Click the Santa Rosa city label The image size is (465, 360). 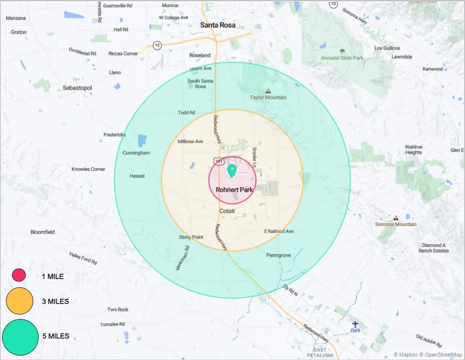tap(217, 25)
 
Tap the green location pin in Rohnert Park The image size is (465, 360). tap(232, 171)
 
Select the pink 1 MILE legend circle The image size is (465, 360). tap(19, 275)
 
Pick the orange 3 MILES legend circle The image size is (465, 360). tap(20, 300)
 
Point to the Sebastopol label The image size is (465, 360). tap(77, 88)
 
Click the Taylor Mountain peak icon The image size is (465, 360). tap(268, 91)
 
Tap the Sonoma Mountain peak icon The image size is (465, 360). tap(396, 218)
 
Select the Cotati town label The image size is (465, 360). tap(227, 211)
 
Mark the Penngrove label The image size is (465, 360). tap(278, 255)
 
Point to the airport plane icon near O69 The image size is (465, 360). tap(355, 324)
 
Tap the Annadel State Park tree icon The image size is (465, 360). tap(342, 51)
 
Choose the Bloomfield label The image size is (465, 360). tap(42, 232)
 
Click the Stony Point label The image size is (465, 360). tap(191, 237)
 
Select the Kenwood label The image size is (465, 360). tap(433, 69)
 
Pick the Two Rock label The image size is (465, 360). tap(118, 310)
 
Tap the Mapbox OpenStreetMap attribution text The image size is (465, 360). tap(428, 355)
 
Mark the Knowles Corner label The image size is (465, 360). tap(88, 169)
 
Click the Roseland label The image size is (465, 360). tap(200, 55)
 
